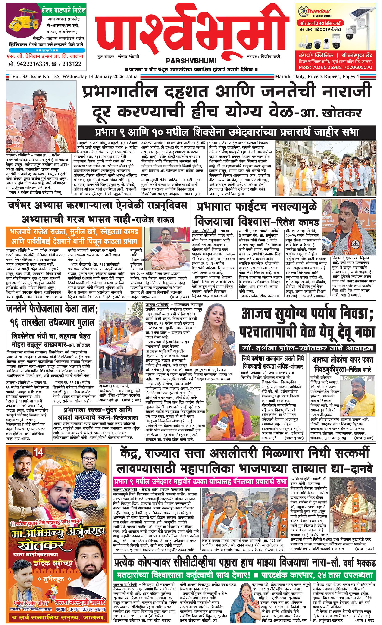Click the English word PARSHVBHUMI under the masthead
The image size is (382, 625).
pos(191,61)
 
